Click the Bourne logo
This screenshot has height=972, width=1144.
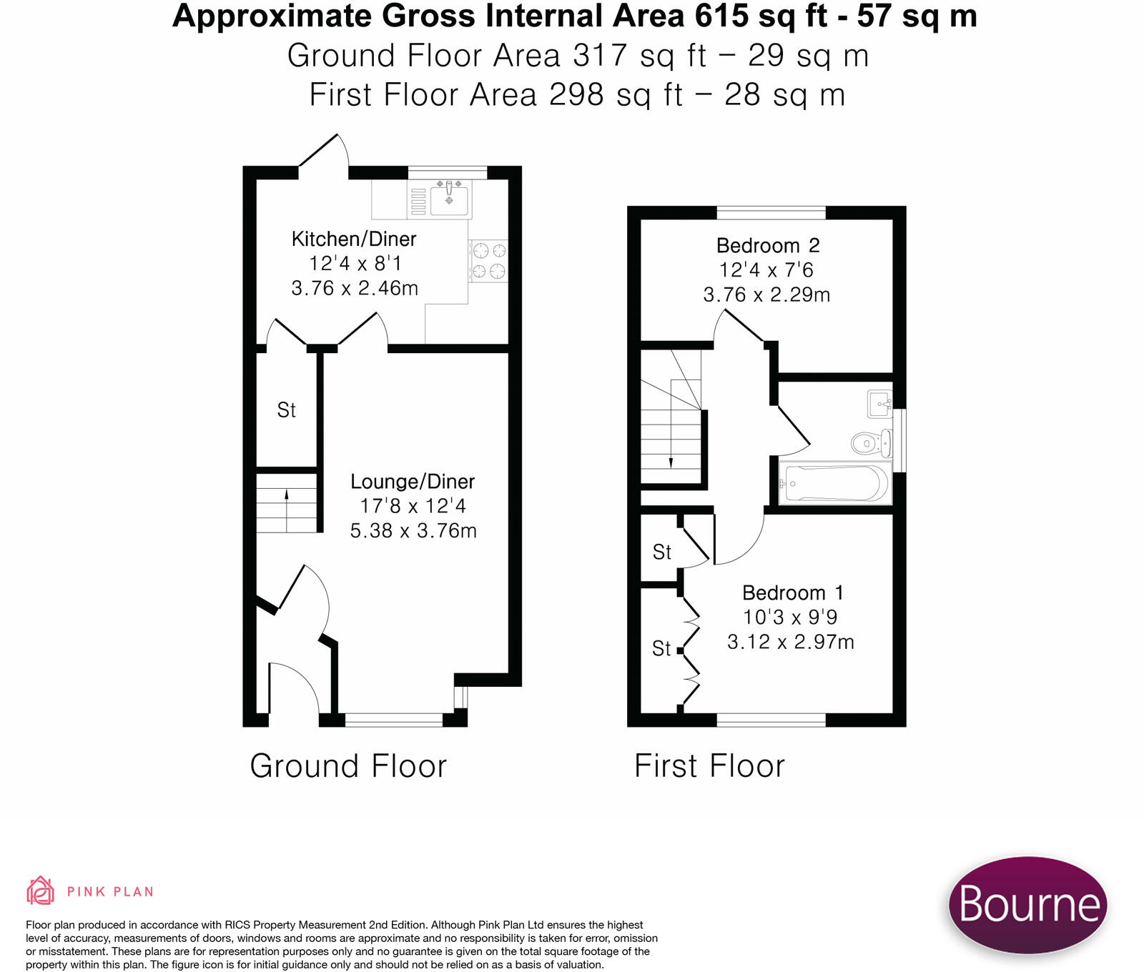point(1028,904)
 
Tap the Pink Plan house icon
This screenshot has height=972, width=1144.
point(40,891)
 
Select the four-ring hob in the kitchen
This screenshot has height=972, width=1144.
point(489,260)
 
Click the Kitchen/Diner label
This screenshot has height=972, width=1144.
point(354,239)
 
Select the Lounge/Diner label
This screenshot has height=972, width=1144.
point(413,482)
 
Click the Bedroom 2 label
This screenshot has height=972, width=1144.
point(768,246)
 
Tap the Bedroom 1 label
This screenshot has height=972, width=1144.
point(793,592)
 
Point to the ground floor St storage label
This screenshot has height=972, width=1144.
point(287,410)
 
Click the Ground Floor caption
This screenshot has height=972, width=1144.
point(348,766)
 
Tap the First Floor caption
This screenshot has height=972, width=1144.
point(709,766)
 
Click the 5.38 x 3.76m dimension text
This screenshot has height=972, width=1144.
point(413,530)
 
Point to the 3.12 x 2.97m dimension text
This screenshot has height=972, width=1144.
point(791,642)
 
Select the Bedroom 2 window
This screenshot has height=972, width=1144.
point(771,212)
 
